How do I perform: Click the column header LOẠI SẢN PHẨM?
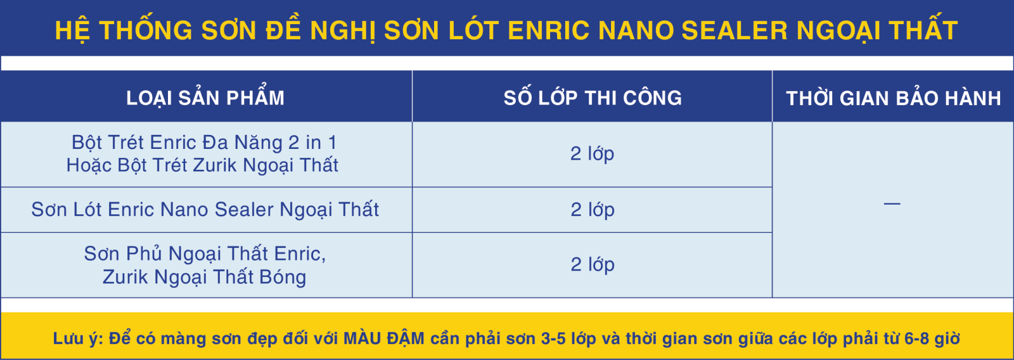click(x=205, y=97)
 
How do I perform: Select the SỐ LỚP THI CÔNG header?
click(x=593, y=97)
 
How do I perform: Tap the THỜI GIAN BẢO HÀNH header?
click(x=894, y=98)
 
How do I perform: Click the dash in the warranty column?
click(x=892, y=204)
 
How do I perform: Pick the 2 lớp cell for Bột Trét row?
click(x=592, y=153)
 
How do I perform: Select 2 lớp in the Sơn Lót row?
click(x=592, y=209)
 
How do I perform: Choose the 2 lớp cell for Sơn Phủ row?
click(x=592, y=264)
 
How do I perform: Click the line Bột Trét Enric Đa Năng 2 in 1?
click(x=205, y=142)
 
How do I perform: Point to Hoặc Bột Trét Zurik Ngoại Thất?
click(x=202, y=165)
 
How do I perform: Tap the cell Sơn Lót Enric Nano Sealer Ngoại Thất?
click(x=205, y=209)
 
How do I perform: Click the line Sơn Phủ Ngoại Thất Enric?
click(x=205, y=254)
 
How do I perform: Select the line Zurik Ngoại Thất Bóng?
click(x=204, y=276)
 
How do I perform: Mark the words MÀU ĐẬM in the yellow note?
click(x=384, y=338)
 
